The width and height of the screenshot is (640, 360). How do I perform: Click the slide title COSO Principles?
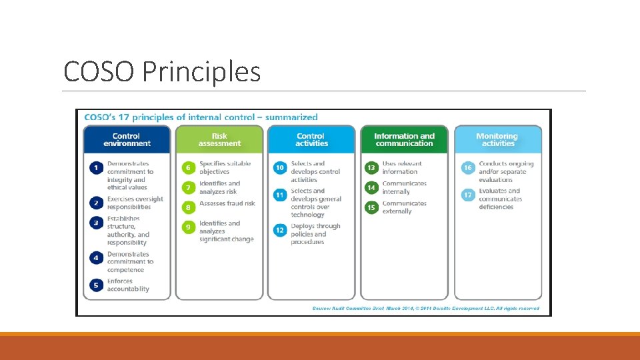[161, 71]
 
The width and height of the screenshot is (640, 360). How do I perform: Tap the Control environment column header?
[127, 139]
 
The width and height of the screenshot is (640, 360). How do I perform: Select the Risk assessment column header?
[219, 139]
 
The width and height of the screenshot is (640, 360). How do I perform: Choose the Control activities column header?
[311, 139]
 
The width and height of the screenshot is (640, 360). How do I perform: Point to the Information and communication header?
[404, 139]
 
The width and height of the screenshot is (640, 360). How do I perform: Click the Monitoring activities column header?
[498, 139]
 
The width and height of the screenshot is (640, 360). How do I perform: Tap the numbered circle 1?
[96, 168]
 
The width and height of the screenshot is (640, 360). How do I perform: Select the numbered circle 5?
[96, 285]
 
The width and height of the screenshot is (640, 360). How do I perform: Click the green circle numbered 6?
[189, 168]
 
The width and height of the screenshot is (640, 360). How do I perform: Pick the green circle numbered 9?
[189, 227]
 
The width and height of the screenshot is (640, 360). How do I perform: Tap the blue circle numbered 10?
[280, 168]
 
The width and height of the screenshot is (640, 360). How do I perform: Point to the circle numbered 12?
[280, 230]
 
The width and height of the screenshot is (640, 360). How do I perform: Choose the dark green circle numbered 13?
[371, 168]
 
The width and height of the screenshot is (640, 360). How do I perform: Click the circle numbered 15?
[371, 207]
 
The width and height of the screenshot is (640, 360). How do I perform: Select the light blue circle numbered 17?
[468, 195]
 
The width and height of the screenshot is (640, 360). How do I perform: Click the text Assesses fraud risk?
[227, 203]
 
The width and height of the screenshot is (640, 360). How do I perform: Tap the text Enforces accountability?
[128, 285]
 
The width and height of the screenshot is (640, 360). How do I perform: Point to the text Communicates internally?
[404, 187]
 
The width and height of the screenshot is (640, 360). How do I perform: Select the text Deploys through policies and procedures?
[315, 234]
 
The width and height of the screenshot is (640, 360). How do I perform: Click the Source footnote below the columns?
[425, 309]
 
